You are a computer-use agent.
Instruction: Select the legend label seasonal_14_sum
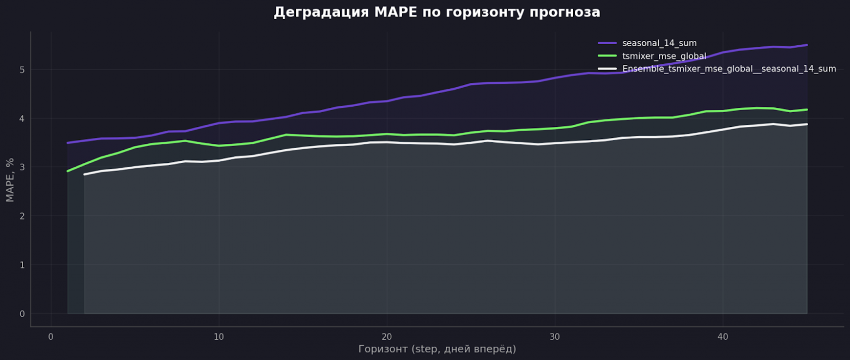click(659, 43)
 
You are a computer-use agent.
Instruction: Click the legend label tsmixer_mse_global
click(664, 56)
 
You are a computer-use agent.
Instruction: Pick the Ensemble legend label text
click(729, 69)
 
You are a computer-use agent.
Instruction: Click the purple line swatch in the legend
click(608, 43)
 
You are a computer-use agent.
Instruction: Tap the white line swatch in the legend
click(608, 69)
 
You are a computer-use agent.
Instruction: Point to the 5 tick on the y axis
click(22, 70)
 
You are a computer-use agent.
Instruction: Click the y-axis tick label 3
click(22, 167)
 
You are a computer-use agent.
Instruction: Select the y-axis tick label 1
click(22, 265)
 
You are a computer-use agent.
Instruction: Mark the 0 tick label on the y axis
click(22, 314)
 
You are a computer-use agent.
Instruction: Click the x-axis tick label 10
click(218, 337)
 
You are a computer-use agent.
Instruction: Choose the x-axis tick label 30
click(554, 337)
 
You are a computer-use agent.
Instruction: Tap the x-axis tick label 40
click(722, 337)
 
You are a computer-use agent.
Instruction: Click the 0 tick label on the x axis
click(51, 337)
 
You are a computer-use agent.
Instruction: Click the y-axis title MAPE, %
click(10, 180)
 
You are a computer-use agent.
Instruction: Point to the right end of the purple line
click(806, 45)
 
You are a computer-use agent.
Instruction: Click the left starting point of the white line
click(84, 174)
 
